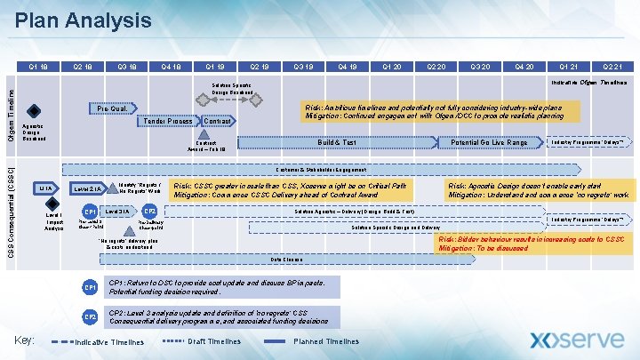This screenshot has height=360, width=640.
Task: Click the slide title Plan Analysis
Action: (84, 20)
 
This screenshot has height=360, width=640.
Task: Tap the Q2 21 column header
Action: (608, 66)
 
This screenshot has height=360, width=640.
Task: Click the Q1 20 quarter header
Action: (390, 66)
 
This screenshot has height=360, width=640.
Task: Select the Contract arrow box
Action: (219, 121)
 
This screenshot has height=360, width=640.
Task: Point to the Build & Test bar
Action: (338, 143)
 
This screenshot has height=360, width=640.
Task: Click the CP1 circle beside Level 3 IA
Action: (89, 212)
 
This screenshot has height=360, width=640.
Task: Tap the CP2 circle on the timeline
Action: (150, 212)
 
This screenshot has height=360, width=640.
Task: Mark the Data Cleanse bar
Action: (287, 260)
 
